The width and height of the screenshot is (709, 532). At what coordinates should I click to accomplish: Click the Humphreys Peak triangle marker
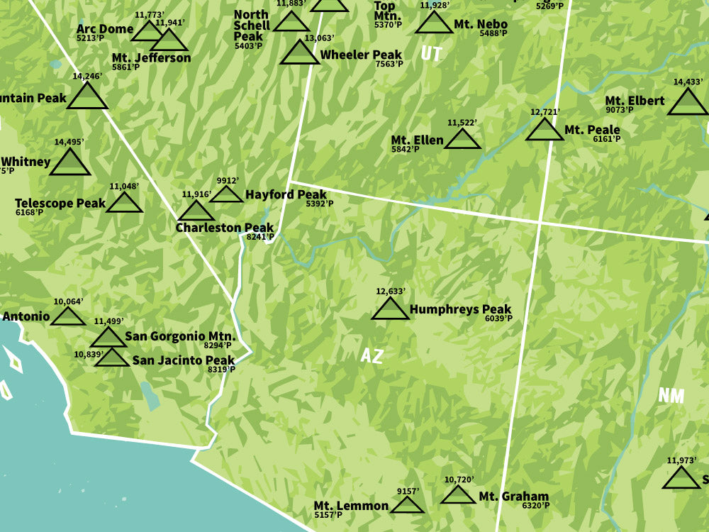(390, 310)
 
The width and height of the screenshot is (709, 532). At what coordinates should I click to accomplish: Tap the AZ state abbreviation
(372, 356)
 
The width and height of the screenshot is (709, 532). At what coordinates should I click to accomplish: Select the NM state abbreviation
(671, 396)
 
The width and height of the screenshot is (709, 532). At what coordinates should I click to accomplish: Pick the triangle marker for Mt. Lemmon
(407, 505)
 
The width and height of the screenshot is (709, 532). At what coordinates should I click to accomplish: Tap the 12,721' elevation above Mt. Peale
(545, 112)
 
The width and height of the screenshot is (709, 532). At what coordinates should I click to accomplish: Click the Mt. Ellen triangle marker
(463, 140)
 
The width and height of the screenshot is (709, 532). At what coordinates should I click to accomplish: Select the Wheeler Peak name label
(361, 55)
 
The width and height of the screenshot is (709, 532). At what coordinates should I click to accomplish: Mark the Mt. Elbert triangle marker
(688, 103)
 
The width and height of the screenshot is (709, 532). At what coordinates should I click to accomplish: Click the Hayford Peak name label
(286, 194)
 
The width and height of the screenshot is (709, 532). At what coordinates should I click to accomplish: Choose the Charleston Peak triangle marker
(196, 211)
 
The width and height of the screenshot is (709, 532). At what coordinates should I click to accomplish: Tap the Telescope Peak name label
(60, 204)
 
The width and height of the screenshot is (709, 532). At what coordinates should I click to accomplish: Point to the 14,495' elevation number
(69, 142)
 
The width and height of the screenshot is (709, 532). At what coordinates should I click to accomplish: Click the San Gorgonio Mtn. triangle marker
(108, 338)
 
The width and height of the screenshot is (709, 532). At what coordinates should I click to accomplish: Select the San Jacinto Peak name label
(183, 360)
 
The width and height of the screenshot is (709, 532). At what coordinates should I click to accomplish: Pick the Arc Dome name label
(105, 29)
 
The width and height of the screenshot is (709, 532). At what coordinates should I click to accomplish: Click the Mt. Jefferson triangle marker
(169, 40)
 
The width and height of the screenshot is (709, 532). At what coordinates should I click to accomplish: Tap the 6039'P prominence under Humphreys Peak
(498, 318)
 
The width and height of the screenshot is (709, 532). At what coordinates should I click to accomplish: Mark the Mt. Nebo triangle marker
(434, 24)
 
